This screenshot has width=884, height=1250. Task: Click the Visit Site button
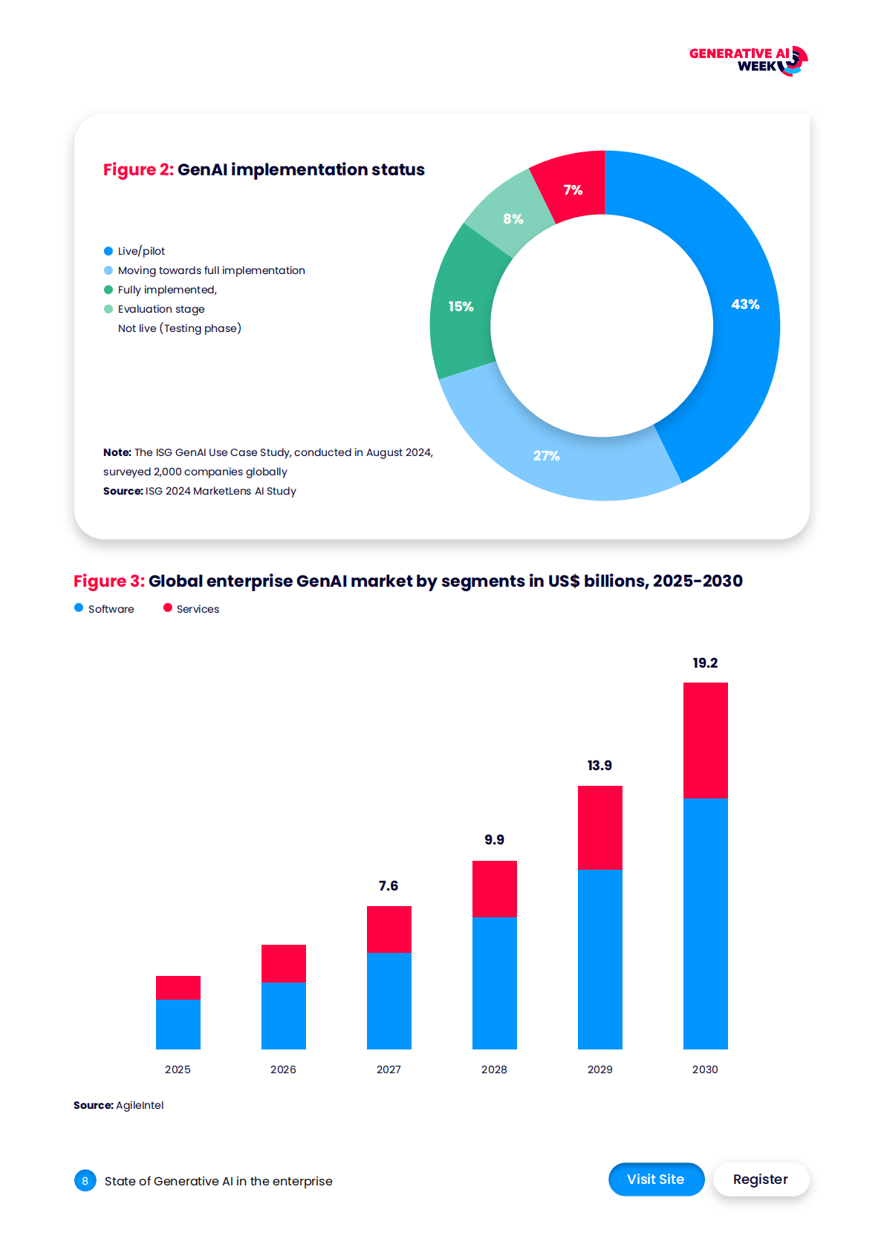click(656, 1179)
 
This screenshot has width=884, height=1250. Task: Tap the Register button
click(760, 1179)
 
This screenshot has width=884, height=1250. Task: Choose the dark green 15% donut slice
click(461, 307)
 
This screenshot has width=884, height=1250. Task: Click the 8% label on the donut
click(513, 219)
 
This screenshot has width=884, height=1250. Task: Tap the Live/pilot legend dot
click(108, 251)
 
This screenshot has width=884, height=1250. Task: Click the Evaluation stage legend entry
click(160, 309)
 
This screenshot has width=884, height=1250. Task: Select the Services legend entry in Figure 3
click(197, 609)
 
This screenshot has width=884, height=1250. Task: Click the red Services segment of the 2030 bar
click(705, 740)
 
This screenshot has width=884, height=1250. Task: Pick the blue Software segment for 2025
click(178, 1023)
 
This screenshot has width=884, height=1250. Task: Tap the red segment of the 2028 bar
click(494, 888)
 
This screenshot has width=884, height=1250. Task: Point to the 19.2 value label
click(705, 663)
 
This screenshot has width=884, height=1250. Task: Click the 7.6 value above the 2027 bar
click(388, 886)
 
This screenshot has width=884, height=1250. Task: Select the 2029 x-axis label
click(599, 1070)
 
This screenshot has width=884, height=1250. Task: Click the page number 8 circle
click(85, 1180)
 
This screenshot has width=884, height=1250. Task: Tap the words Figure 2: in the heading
click(138, 170)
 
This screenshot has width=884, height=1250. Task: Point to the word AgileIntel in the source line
click(140, 1105)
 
